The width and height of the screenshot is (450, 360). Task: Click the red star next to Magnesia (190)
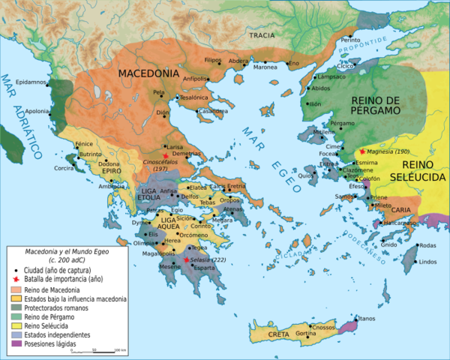[362, 151]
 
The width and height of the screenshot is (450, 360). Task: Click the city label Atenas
[233, 208]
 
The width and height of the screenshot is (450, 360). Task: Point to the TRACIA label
[262, 34]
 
